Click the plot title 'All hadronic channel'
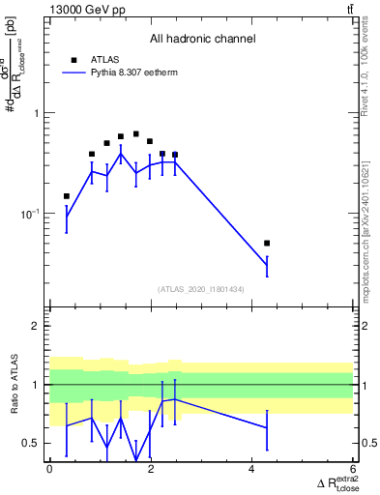(202, 40)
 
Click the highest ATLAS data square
(135, 134)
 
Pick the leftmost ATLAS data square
(67, 196)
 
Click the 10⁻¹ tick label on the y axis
(30, 213)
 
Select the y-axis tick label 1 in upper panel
(35, 113)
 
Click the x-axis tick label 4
(251, 469)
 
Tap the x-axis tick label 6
(353, 469)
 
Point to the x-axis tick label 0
(49, 469)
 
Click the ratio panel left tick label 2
(35, 326)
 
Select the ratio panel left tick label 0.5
(30, 443)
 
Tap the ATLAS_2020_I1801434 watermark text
(201, 289)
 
